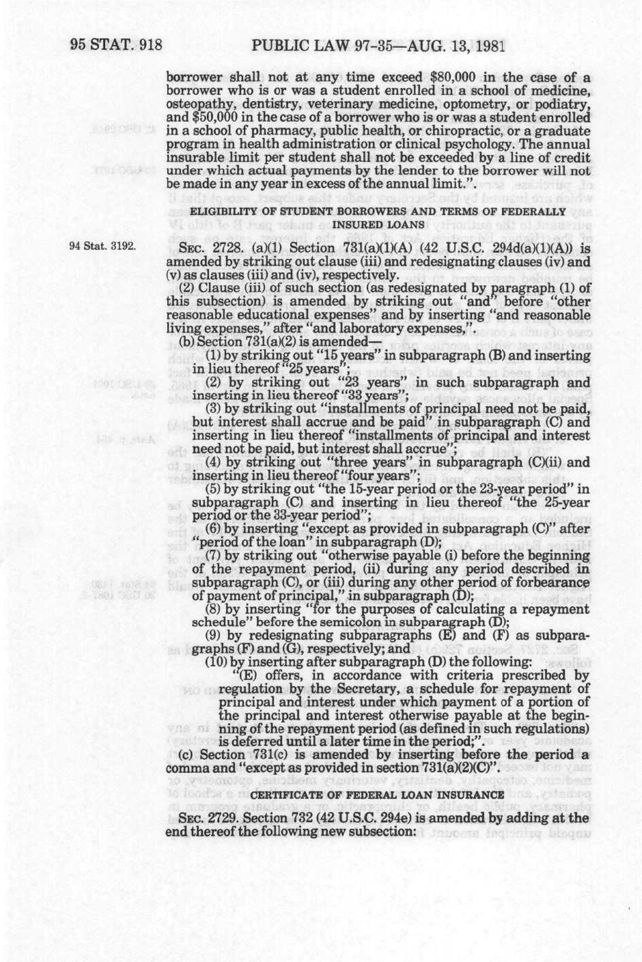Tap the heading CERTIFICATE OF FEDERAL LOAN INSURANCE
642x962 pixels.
tap(378, 794)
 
